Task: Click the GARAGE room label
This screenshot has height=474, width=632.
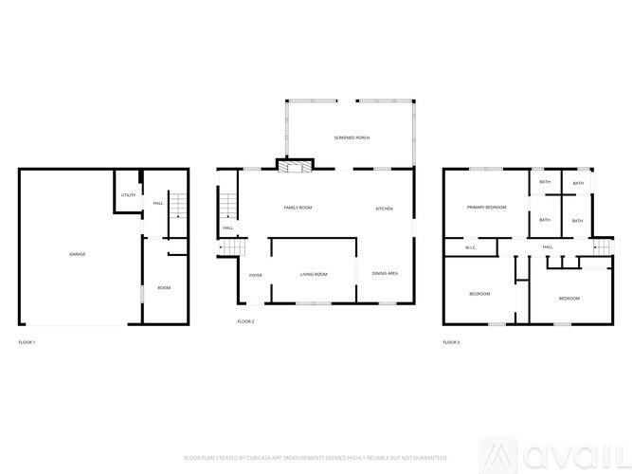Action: tap(77, 254)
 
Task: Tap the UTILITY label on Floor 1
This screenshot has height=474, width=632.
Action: tap(128, 195)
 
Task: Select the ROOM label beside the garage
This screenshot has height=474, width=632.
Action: tap(164, 287)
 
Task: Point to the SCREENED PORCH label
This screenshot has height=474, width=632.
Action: tap(352, 138)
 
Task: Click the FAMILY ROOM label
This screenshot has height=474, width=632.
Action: tap(298, 208)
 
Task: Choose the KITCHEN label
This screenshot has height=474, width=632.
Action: tap(384, 209)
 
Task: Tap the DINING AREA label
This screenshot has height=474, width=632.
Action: tap(385, 273)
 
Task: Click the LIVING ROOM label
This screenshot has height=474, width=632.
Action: tap(314, 274)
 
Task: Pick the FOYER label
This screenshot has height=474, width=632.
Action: tap(256, 275)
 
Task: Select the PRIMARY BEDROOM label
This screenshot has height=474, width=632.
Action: tap(486, 207)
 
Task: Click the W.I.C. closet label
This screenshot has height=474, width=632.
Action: tap(470, 247)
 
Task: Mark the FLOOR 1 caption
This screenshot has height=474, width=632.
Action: tap(27, 341)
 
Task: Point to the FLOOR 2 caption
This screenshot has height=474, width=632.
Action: tap(245, 321)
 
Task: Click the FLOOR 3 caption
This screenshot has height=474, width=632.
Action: tap(451, 341)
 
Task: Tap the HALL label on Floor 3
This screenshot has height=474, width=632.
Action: tap(548, 246)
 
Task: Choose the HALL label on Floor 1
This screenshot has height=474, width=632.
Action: tap(158, 203)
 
